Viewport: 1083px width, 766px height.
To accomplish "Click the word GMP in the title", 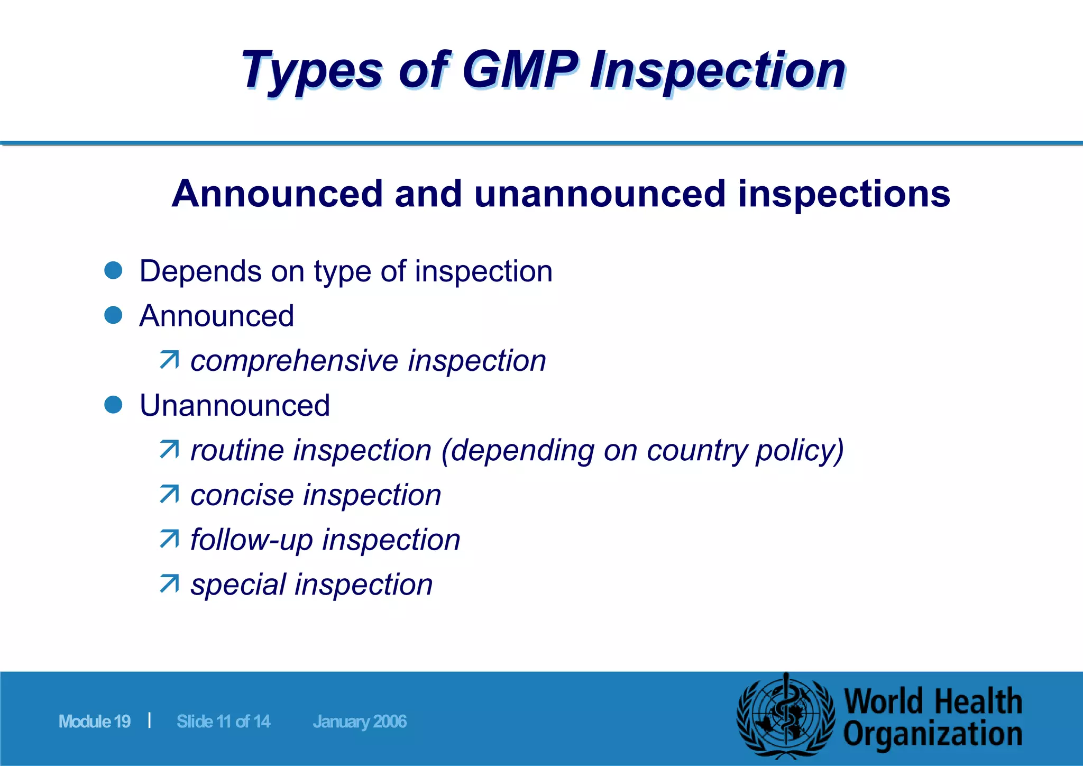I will tap(520, 70).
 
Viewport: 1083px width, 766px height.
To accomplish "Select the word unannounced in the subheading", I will tap(600, 194).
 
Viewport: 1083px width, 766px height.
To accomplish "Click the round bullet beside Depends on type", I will tap(114, 270).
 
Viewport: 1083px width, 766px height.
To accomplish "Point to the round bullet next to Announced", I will tap(114, 315).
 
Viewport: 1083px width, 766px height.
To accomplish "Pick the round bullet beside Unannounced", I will tap(114, 405).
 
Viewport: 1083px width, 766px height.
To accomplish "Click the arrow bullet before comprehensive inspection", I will tap(169, 360).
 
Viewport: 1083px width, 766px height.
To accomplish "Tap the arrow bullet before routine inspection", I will tap(169, 450).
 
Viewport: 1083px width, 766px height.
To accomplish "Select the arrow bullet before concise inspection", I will tap(169, 495).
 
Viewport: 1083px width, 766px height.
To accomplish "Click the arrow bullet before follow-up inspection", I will tap(169, 540).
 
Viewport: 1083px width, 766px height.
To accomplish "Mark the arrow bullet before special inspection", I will tap(169, 584).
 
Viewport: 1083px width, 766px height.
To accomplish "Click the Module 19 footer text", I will tap(95, 722).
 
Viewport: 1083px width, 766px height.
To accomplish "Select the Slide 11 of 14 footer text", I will tap(223, 722).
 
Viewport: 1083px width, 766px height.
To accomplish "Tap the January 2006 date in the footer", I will tap(360, 722).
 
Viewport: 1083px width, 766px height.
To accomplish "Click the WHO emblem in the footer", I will tap(786, 718).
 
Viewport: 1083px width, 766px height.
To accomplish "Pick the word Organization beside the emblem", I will tap(932, 735).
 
